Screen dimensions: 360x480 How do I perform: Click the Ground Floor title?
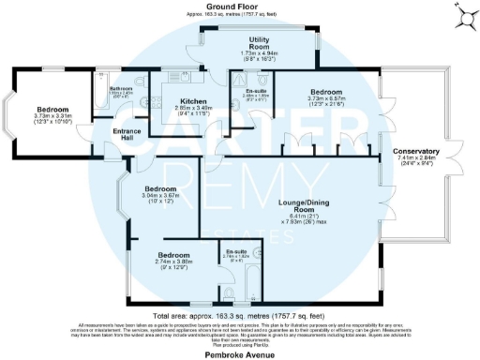240,6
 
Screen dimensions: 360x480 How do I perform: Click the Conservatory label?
418,151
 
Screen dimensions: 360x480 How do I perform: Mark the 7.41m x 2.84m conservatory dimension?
418,161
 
